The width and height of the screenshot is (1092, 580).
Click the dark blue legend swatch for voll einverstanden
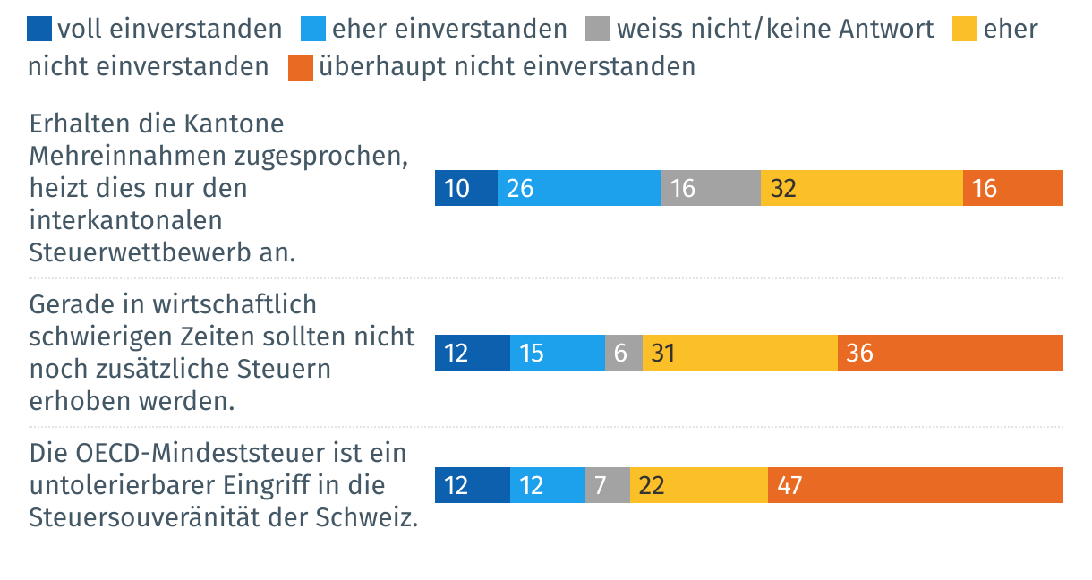click(x=41, y=30)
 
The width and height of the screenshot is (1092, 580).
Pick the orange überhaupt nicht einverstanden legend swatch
click(x=301, y=67)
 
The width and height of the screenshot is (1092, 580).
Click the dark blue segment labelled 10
click(x=465, y=188)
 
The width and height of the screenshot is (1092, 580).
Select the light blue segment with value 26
click(x=578, y=188)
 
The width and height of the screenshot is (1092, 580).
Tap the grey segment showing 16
click(x=711, y=188)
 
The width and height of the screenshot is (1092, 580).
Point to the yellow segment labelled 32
click(x=861, y=188)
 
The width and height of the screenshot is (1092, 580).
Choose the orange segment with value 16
click(x=1012, y=188)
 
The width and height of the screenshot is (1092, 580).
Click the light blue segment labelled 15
click(x=557, y=353)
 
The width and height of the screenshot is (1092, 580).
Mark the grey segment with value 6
click(x=623, y=353)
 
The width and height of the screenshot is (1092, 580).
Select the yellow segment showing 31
click(x=739, y=353)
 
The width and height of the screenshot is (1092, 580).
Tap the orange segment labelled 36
click(x=950, y=353)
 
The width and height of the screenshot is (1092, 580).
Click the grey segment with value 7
click(x=607, y=485)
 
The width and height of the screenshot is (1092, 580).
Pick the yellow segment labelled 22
click(x=698, y=485)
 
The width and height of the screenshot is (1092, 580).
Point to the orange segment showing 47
click(x=915, y=485)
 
